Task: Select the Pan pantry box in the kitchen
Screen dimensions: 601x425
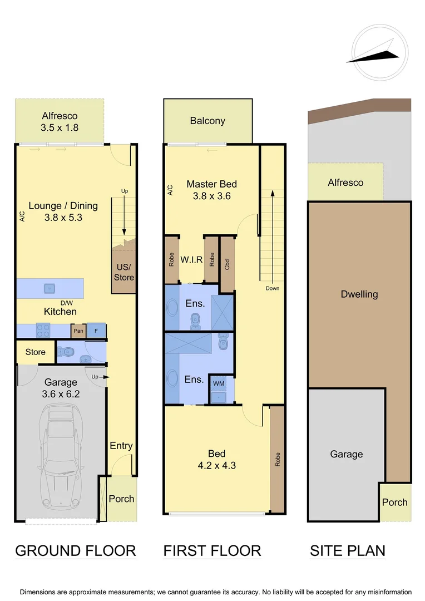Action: click(77, 331)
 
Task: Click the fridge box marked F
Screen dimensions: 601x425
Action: click(96, 331)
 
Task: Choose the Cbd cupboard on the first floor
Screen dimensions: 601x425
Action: click(227, 264)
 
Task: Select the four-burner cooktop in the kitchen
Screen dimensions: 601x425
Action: click(44, 331)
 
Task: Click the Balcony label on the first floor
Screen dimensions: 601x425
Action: click(207, 121)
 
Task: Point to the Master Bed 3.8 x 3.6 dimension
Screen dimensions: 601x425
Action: click(211, 196)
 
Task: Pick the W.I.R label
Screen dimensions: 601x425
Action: click(191, 259)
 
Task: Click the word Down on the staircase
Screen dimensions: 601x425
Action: click(272, 288)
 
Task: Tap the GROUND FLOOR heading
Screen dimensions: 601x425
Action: click(75, 551)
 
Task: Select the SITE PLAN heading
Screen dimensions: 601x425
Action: click(347, 551)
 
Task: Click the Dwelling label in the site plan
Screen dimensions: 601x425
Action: click(359, 294)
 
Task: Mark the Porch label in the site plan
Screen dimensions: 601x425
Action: click(394, 502)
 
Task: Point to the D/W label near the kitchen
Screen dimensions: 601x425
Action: click(66, 303)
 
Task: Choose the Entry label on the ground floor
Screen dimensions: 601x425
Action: click(121, 445)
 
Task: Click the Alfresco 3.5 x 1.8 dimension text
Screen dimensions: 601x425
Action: click(60, 127)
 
